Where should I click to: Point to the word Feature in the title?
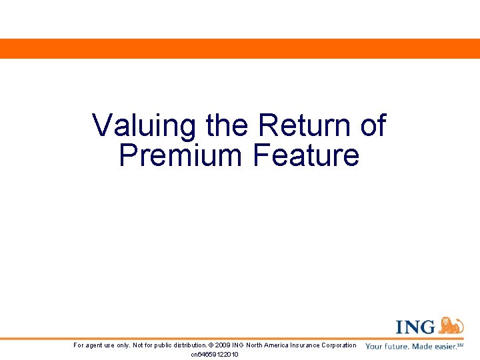pos(306,155)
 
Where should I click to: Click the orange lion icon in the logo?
pos(451,325)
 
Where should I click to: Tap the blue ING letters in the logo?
pos(416,327)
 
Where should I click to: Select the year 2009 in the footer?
pos(223,345)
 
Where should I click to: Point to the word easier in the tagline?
pos(443,347)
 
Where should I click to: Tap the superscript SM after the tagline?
pos(461,345)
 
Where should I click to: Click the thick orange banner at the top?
pos(240,49)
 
